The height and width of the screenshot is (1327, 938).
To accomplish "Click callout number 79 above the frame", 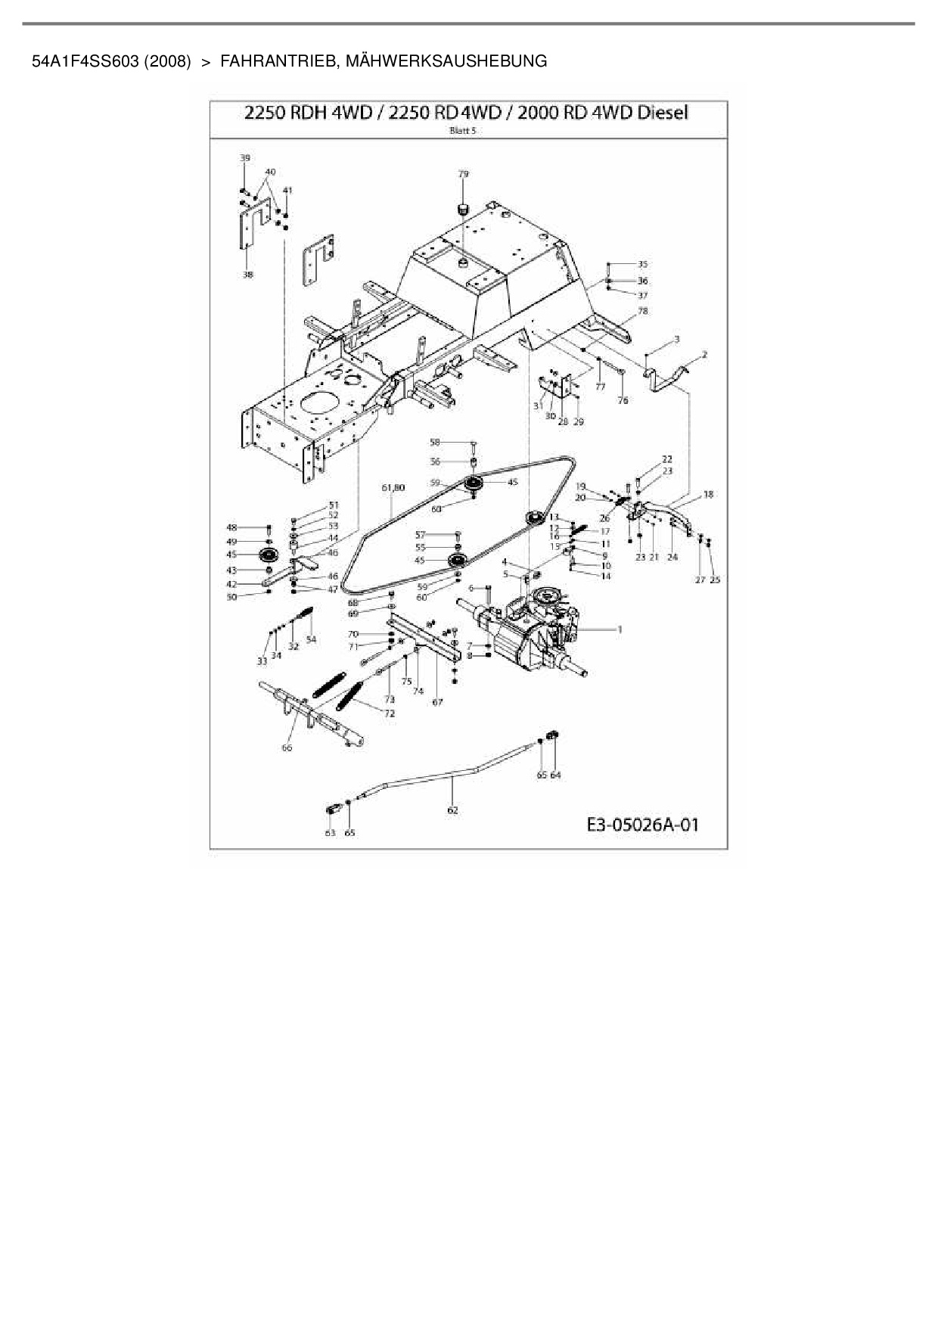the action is pyautogui.click(x=464, y=174).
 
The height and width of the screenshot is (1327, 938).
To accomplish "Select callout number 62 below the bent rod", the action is pyautogui.click(x=452, y=810).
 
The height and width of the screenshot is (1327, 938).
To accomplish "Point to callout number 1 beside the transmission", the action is pyautogui.click(x=620, y=629).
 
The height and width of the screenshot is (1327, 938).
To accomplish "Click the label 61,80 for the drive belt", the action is pyautogui.click(x=393, y=488).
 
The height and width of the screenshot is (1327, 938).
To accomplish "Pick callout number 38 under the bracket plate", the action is pyautogui.click(x=247, y=275).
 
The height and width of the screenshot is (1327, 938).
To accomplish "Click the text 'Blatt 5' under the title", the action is pyautogui.click(x=468, y=130).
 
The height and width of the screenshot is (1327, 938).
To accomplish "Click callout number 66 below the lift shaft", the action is pyautogui.click(x=287, y=748).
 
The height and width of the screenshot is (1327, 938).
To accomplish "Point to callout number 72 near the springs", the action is pyautogui.click(x=390, y=713).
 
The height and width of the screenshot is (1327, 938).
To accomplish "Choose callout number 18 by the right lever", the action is pyautogui.click(x=708, y=495).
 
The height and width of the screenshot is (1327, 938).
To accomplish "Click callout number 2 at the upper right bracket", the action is pyautogui.click(x=704, y=354).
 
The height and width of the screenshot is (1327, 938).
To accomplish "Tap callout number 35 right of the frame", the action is pyautogui.click(x=642, y=264).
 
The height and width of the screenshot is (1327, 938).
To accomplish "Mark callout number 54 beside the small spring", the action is pyautogui.click(x=311, y=639).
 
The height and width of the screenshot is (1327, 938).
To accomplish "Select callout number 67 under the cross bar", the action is pyautogui.click(x=437, y=702).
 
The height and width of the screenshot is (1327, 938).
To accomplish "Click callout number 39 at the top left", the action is pyautogui.click(x=244, y=158).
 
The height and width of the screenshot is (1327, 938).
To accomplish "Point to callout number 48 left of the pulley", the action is pyautogui.click(x=231, y=527).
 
